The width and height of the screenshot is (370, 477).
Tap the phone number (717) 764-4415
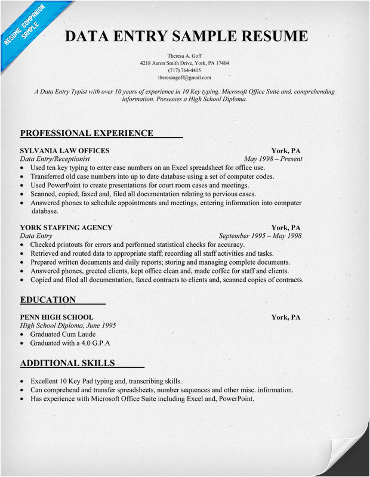[184, 70]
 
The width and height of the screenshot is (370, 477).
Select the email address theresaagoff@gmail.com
[184, 78]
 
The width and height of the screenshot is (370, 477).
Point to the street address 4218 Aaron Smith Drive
[166, 63]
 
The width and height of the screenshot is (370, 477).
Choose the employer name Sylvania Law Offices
[64, 150]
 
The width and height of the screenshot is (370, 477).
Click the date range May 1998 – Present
[273, 159]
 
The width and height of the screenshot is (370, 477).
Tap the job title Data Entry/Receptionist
[55, 159]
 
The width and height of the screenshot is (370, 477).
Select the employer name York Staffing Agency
[66, 227]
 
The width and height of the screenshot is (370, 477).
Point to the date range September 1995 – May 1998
[260, 236]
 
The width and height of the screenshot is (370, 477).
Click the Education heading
[48, 300]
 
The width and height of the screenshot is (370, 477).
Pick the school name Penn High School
[56, 317]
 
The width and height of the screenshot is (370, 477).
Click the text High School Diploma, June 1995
[68, 326]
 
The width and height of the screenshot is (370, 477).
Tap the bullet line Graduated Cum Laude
[63, 334]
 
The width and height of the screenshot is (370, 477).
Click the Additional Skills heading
[67, 363]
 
